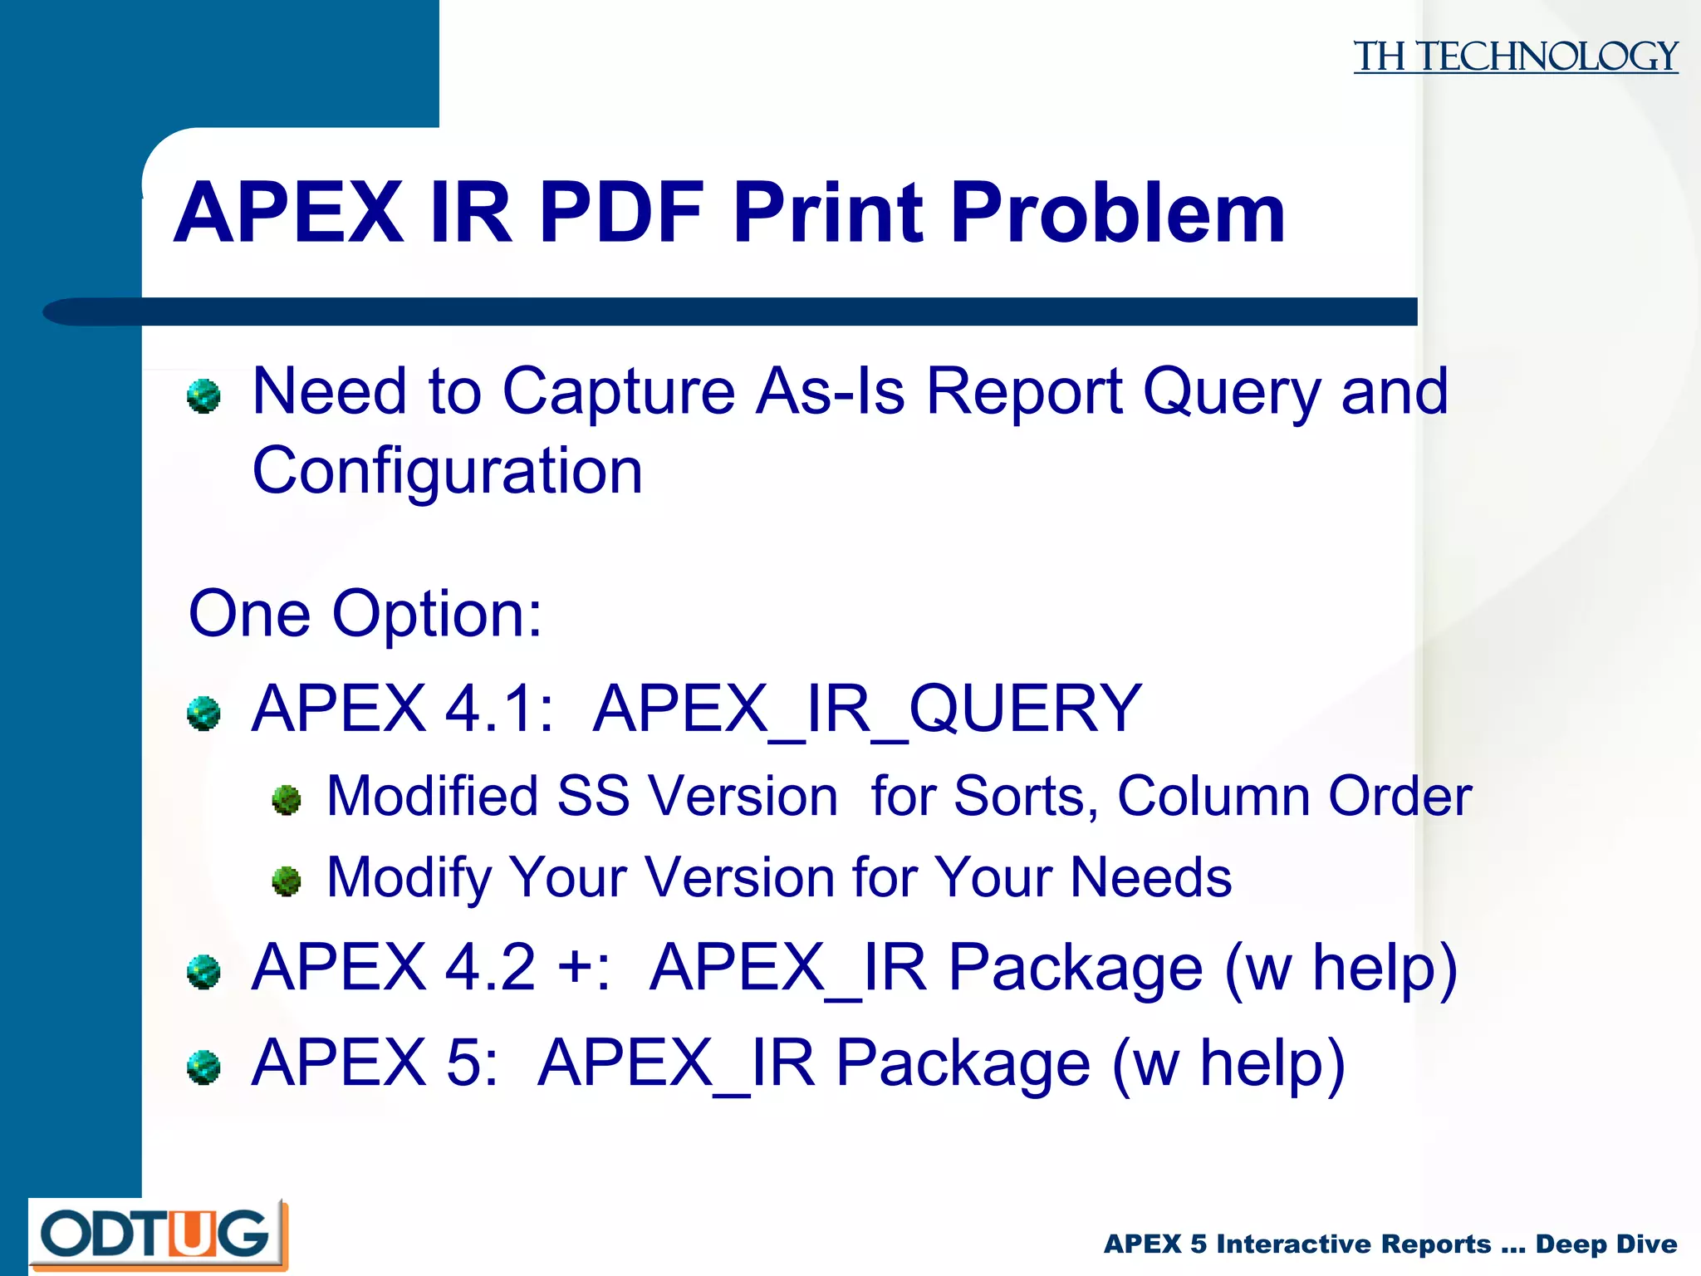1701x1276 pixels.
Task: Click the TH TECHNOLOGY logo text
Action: (1515, 56)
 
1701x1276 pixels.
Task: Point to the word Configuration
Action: (447, 470)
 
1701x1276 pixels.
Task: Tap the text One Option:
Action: (365, 614)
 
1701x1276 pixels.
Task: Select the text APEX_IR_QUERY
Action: (867, 709)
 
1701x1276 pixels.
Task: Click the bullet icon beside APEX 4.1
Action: (203, 713)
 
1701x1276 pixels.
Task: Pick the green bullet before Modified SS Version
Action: (287, 800)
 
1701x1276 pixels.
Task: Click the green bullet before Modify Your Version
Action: (287, 881)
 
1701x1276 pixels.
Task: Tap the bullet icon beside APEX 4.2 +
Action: (203, 972)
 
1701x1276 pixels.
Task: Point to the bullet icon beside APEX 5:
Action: (203, 1067)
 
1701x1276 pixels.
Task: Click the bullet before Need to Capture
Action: (203, 395)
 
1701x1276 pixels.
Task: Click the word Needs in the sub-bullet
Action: (1150, 877)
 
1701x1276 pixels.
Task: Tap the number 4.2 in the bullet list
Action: (490, 968)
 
